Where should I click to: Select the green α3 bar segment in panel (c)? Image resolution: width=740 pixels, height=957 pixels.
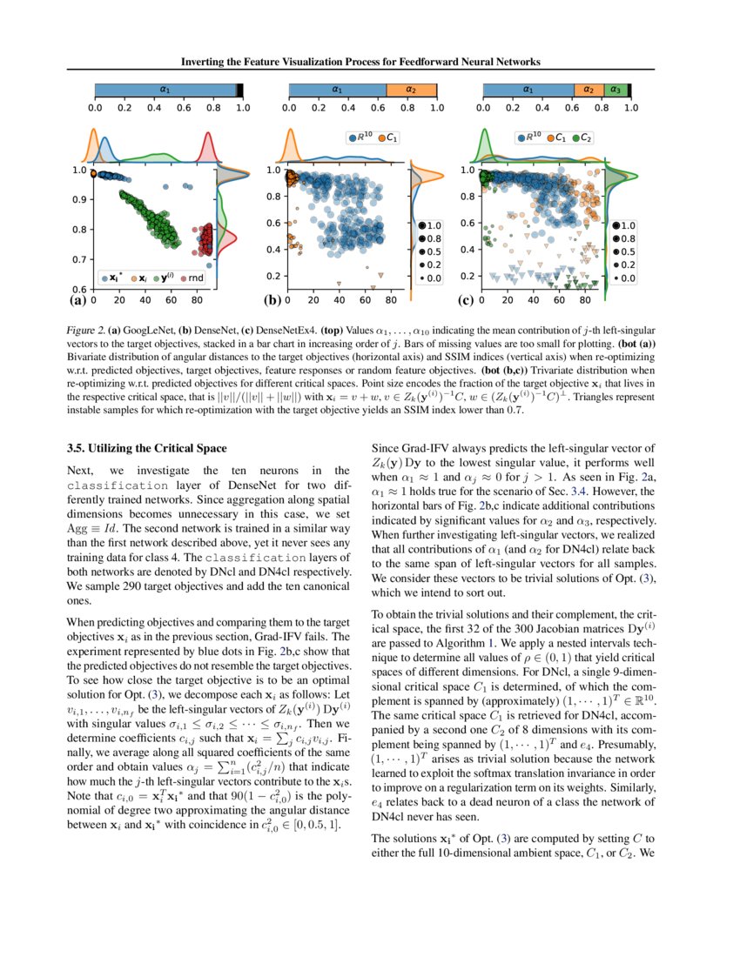coord(615,90)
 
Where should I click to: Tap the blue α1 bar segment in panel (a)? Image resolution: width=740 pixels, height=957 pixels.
coord(165,90)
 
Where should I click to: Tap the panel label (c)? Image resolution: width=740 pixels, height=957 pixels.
coord(466,301)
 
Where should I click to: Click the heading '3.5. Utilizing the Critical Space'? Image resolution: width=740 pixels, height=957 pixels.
coord(147,448)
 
